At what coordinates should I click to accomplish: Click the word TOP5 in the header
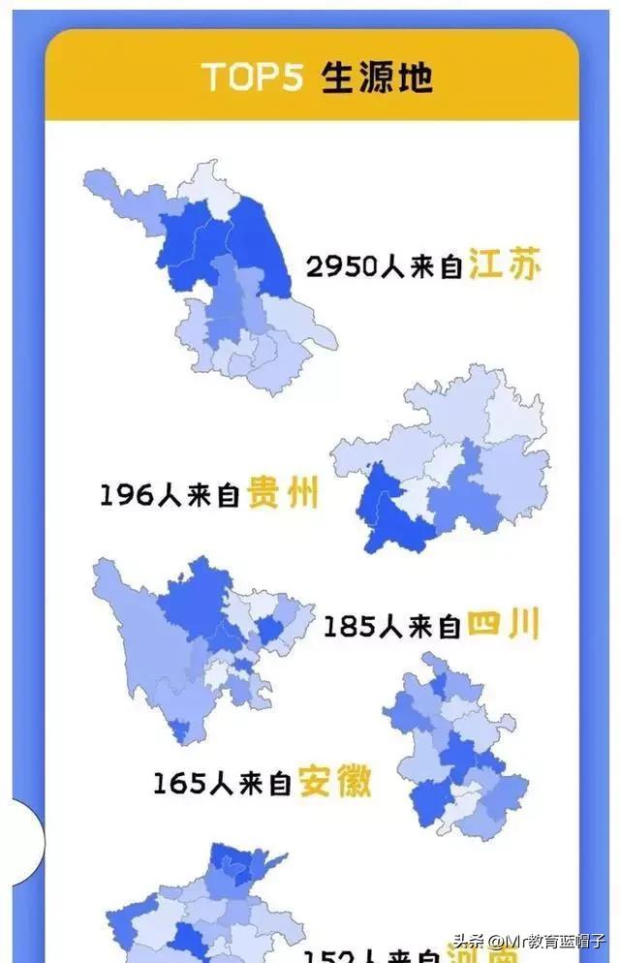pos(255,77)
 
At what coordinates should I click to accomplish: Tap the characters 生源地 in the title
pos(377,77)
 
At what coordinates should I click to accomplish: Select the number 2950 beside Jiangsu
pos(341,266)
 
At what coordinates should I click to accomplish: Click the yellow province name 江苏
pos(505,264)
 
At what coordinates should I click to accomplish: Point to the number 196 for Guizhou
pos(126,496)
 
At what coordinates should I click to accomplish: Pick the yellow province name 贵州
pos(283,494)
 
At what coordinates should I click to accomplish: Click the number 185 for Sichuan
pos(349,627)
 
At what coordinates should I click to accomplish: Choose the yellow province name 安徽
pos(334,781)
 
